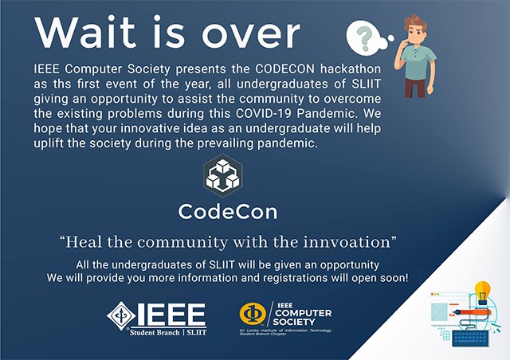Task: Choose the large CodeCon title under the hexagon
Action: (x=228, y=213)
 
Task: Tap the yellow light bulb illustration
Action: (x=481, y=291)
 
